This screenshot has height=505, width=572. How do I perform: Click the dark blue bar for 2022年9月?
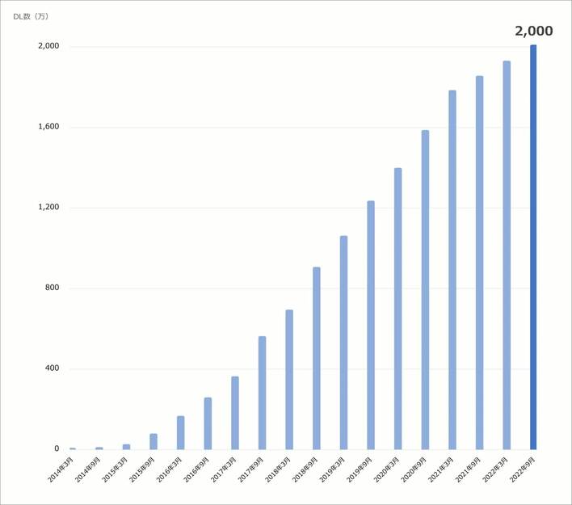[x=533, y=246]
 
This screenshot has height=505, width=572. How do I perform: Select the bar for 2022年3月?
[x=507, y=255]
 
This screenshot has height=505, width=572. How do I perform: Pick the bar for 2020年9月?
[x=425, y=289]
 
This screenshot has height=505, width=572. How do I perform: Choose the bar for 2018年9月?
[x=317, y=358]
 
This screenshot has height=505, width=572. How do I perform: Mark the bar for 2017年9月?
[x=262, y=393]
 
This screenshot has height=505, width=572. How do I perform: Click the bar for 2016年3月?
[x=180, y=432]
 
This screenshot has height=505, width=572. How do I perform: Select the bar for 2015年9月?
[x=154, y=441]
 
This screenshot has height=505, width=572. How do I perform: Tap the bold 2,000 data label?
[x=533, y=32]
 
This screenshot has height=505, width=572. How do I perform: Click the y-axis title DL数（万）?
[x=36, y=17]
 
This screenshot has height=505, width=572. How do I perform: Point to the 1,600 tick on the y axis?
[x=48, y=127]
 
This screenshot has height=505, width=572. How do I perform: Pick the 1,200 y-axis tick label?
[x=48, y=208]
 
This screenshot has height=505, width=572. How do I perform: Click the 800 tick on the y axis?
[x=52, y=288]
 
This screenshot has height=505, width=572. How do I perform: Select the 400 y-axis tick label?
[x=52, y=369]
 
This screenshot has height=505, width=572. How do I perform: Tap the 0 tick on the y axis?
[x=57, y=449]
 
